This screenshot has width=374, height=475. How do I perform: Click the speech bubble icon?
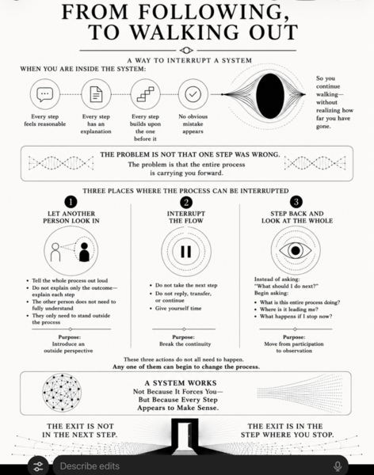pyautogui.click(x=45, y=94)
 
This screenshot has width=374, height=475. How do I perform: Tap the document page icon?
pyautogui.click(x=96, y=94)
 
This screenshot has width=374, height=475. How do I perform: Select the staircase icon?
pyautogui.click(x=145, y=94)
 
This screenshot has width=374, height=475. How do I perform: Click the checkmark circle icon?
pyautogui.click(x=193, y=94)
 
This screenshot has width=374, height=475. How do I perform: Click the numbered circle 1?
pyautogui.click(x=71, y=202)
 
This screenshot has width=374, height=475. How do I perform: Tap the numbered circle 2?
pyautogui.click(x=186, y=203)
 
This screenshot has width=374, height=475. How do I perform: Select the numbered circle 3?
pyautogui.click(x=296, y=202)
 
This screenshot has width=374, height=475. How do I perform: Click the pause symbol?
pyautogui.click(x=186, y=251)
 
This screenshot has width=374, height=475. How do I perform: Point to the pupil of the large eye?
pyautogui.click(x=296, y=250)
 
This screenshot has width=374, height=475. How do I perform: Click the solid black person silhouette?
pyautogui.click(x=84, y=252)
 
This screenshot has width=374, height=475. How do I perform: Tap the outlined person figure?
pyautogui.click(x=55, y=252)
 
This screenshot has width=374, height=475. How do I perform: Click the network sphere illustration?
pyautogui.click(x=62, y=393)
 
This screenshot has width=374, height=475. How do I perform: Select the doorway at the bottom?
pyautogui.click(x=185, y=437)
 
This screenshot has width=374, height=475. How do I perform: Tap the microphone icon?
pyautogui.click(x=338, y=466)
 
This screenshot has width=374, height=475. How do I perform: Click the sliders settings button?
pyautogui.click(x=38, y=466)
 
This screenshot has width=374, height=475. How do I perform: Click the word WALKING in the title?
pyautogui.click(x=187, y=32)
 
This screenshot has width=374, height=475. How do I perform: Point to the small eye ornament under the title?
pyautogui.click(x=186, y=51)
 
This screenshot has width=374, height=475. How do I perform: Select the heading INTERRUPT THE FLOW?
pyautogui.click(x=186, y=217)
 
